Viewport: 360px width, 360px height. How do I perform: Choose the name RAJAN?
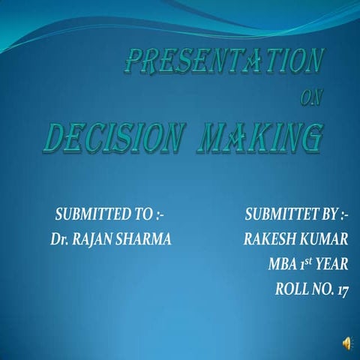(x=93, y=239)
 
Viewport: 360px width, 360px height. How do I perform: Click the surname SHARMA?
(x=145, y=239)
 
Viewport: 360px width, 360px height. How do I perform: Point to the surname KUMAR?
(x=323, y=239)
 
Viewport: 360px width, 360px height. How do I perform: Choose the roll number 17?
(x=343, y=287)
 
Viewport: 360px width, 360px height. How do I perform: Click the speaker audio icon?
(x=346, y=343)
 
